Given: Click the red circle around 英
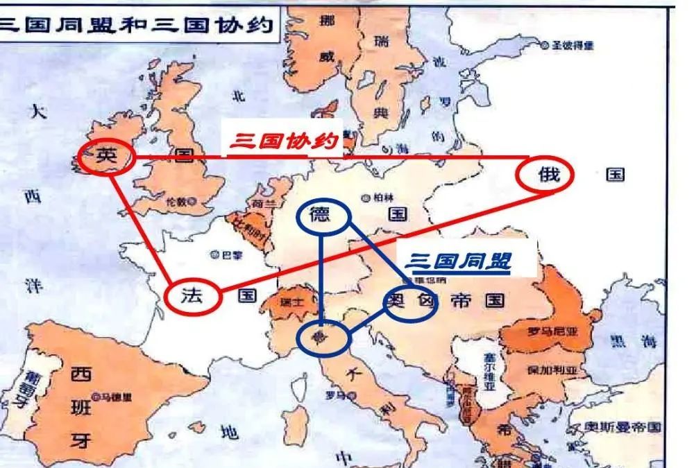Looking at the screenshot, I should click(104, 158).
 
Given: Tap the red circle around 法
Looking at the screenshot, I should click(194, 297).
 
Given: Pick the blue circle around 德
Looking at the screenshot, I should click(322, 217).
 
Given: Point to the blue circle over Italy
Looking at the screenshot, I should click(322, 338).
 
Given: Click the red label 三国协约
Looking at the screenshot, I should click(283, 142).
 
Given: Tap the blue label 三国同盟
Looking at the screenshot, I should click(458, 261).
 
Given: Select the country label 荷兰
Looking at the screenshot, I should click(259, 204).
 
